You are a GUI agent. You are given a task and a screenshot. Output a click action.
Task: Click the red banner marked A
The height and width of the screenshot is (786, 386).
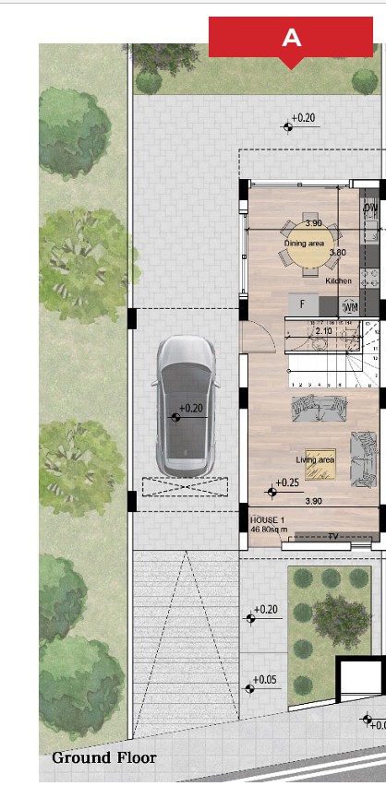pos(290,38)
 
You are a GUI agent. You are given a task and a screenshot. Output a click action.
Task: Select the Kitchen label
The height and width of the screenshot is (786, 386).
pos(338,280)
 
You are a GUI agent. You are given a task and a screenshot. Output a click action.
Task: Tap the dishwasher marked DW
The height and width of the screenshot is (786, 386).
pos(369,208)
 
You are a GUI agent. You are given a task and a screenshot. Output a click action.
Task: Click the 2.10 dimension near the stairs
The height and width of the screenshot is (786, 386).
pos(323,330)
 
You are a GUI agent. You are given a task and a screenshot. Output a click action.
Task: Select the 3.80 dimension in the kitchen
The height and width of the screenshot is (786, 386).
pos(337,252)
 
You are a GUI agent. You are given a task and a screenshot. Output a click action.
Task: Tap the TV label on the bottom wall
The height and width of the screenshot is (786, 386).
pos(332,537)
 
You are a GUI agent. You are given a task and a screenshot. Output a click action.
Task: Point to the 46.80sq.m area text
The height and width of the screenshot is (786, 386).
pos(270,530)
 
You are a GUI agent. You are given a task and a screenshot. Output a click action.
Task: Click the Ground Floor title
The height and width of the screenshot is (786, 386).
pos(104,758)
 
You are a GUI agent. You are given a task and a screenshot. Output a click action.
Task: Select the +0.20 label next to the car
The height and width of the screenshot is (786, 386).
pos(190,408)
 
